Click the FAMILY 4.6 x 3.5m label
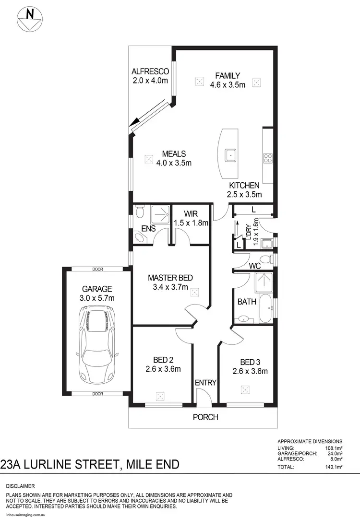(x=228, y=80)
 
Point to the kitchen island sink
(x=231, y=155)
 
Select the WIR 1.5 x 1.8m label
(x=191, y=218)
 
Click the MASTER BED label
(x=170, y=282)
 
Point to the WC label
(x=254, y=265)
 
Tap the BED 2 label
(x=163, y=364)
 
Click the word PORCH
(x=205, y=417)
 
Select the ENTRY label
(x=205, y=383)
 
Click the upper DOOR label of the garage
(x=98, y=270)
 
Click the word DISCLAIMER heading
(x=20, y=486)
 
